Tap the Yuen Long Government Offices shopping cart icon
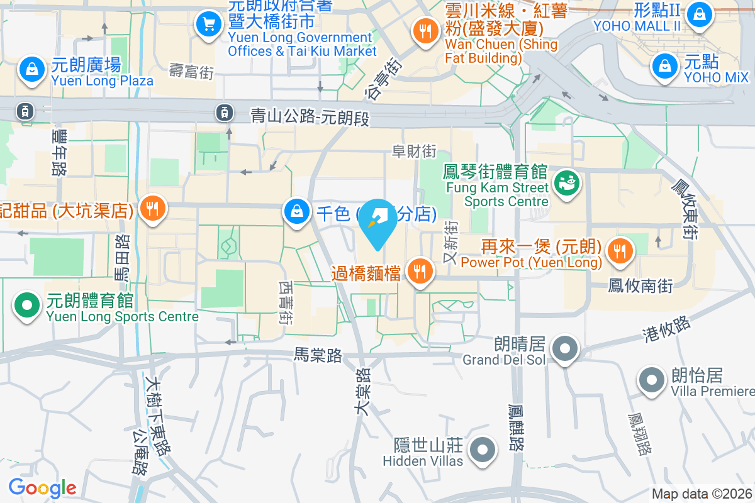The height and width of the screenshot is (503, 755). pyautogui.click(x=208, y=25)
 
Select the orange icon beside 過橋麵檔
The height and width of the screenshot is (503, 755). pyautogui.click(x=419, y=272)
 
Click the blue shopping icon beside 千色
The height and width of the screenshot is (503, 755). pyautogui.click(x=296, y=211)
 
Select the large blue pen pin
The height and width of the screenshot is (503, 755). pyautogui.click(x=377, y=221)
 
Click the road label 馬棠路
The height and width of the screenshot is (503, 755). pyautogui.click(x=318, y=356)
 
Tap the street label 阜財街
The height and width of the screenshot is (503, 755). pyautogui.click(x=414, y=152)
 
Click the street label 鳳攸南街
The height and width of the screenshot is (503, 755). pyautogui.click(x=640, y=287)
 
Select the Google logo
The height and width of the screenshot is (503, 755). pyautogui.click(x=42, y=488)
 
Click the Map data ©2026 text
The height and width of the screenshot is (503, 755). pyautogui.click(x=702, y=494)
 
